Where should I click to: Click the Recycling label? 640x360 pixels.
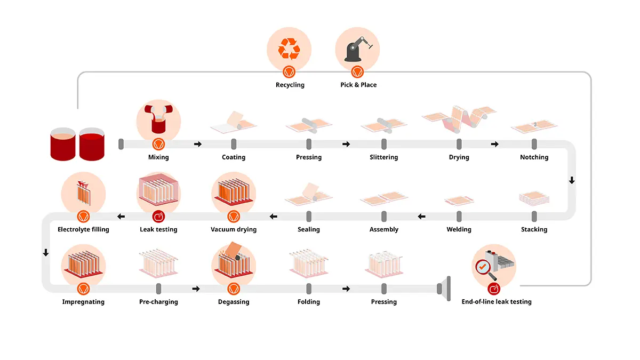[290, 85]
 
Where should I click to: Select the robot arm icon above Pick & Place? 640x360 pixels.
[358, 49]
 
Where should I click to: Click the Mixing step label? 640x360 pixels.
[158, 157]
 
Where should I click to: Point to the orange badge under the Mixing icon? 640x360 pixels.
[158, 145]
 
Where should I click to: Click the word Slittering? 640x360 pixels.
[383, 157]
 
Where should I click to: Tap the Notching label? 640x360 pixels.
[534, 157]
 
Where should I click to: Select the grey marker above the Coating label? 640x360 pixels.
[234, 144]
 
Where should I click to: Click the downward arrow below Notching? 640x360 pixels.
[572, 180]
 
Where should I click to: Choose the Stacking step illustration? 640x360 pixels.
[534, 198]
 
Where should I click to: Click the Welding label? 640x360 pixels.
[459, 229]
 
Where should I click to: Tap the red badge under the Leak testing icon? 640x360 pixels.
[158, 217]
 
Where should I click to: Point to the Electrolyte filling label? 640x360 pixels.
[83, 229]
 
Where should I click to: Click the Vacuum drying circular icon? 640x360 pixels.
[234, 194]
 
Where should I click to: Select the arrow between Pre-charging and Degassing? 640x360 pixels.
[196, 289]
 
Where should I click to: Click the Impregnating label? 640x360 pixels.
[83, 302]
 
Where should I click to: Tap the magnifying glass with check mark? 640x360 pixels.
[485, 269]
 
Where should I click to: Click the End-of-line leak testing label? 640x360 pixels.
[497, 302]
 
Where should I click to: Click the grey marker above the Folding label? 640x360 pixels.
[309, 289]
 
